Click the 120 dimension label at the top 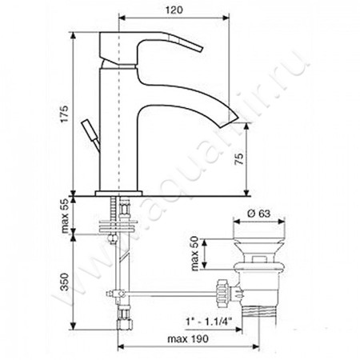174,10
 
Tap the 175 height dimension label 64,114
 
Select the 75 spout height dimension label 239,159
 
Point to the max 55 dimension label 65,216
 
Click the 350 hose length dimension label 65,282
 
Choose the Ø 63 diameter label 258,214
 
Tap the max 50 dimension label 195,254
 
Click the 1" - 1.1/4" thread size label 209,322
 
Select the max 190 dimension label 188,339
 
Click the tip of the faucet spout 238,118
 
